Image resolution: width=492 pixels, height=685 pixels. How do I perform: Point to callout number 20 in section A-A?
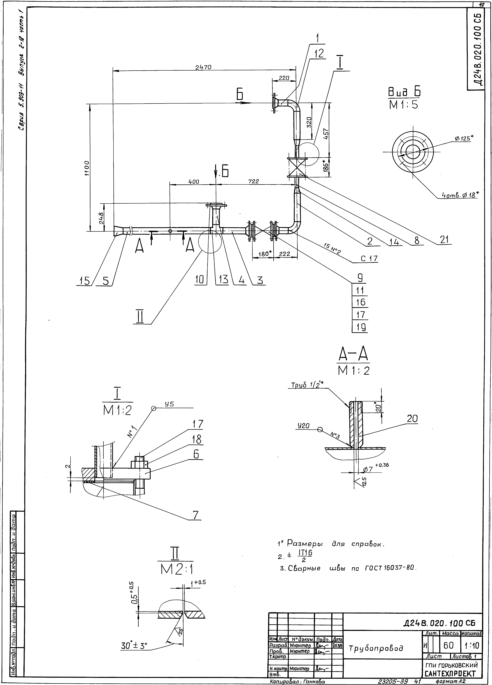[412, 419]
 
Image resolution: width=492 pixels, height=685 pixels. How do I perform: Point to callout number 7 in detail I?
[196, 515]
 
